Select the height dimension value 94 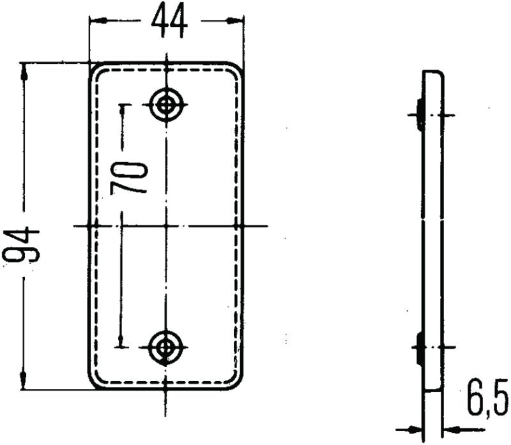coord(22,246)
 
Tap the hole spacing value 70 coord(130,178)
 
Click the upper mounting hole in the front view coord(167,104)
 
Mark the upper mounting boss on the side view coord(418,115)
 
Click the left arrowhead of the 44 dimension coord(96,20)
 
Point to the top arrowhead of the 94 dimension coord(24,70)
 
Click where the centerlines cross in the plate coord(167,226)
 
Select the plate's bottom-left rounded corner coord(93,383)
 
